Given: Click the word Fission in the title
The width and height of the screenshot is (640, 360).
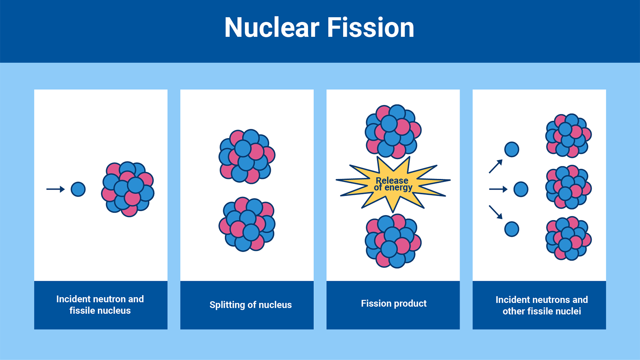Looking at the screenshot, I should (x=370, y=28).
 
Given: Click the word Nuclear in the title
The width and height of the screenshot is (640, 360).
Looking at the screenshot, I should (x=272, y=28).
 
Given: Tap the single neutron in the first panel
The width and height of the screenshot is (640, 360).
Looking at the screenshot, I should (x=78, y=189).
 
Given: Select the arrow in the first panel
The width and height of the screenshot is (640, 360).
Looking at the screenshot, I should (x=56, y=189).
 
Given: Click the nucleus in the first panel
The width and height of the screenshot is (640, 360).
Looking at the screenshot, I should (x=128, y=189).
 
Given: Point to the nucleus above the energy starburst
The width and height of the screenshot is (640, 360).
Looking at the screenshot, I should (x=393, y=132).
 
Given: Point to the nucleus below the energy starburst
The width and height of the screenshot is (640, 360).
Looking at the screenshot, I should (x=393, y=241).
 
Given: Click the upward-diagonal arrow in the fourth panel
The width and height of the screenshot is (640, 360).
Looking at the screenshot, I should (x=496, y=166).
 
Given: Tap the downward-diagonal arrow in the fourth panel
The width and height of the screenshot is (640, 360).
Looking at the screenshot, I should (x=496, y=212).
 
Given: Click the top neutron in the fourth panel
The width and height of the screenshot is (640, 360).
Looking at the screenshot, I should (x=512, y=150).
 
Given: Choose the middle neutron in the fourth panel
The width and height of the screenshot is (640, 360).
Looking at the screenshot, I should (x=520, y=189).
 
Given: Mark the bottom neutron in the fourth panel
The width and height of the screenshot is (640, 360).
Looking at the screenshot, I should (x=512, y=229).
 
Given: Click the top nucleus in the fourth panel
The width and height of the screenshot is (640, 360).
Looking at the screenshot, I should (x=568, y=135).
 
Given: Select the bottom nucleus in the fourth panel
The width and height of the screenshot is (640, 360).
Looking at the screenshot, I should (x=568, y=238).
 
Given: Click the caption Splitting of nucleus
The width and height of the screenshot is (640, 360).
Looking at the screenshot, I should (x=250, y=305).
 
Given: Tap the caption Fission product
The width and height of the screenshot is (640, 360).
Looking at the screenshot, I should (x=394, y=304).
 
